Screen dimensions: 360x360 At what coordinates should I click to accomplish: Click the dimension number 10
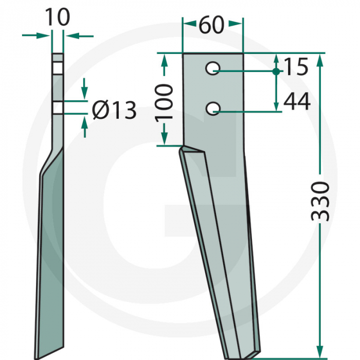57,17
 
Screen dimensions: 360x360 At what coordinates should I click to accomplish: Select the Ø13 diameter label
114,110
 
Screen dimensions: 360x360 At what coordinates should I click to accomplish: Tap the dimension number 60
211,25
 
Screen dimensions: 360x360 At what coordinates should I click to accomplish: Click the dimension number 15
295,67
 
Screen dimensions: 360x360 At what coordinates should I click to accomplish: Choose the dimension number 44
297,102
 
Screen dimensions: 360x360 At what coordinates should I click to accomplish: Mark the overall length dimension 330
321,201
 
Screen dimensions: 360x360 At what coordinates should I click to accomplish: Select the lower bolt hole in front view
213,108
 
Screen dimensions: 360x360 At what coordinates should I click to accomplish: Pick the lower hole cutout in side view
58,107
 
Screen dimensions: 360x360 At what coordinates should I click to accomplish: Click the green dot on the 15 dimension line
276,71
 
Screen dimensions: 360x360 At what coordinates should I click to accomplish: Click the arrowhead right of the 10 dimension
70,35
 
